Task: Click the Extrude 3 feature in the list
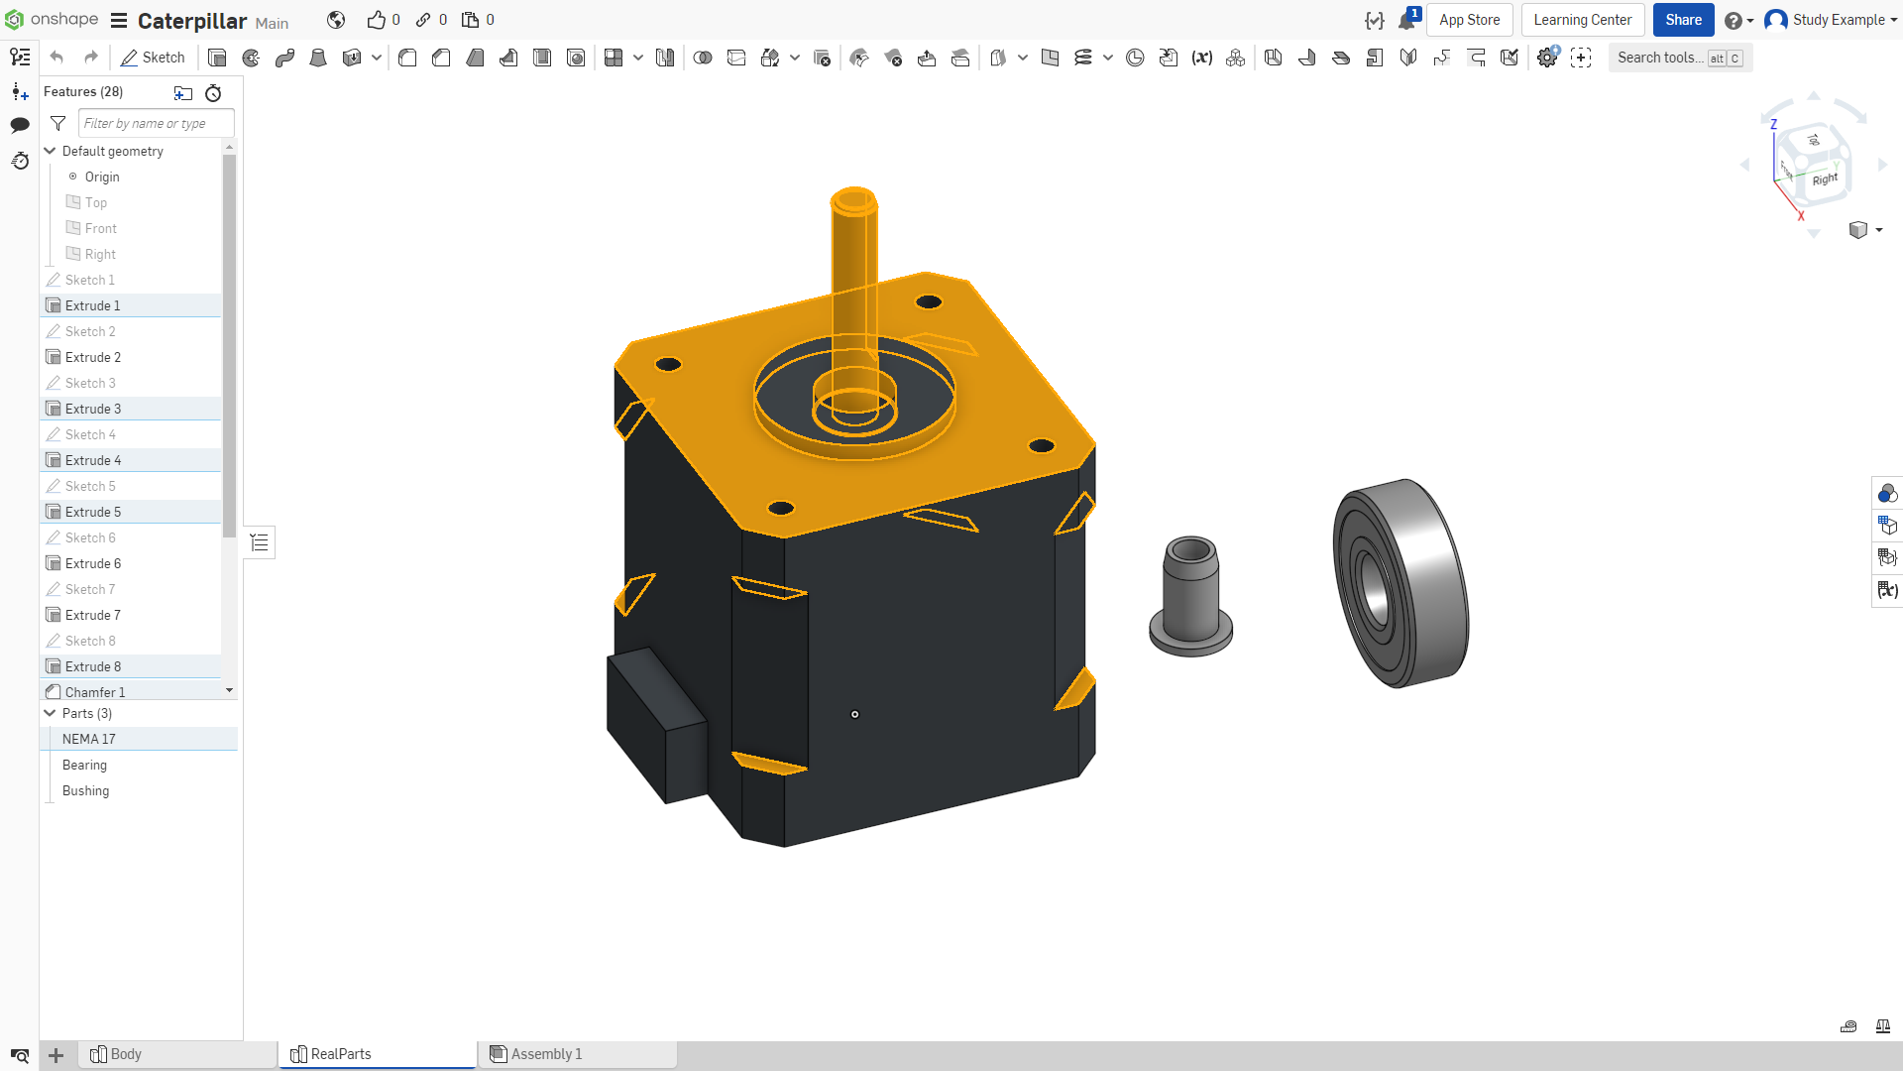[93, 409]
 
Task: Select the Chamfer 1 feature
[95, 692]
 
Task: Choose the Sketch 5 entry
[90, 486]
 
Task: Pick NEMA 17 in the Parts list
[89, 739]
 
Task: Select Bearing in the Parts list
[84, 765]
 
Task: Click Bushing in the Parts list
[85, 790]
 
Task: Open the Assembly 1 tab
[546, 1054]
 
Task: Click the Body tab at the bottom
[126, 1054]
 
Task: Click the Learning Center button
[1583, 20]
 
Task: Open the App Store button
[1469, 20]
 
